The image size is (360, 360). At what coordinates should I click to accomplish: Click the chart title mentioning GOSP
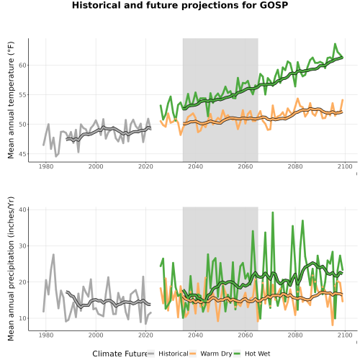[x=180, y=5]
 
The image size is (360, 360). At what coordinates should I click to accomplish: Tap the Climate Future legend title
[x=120, y=354]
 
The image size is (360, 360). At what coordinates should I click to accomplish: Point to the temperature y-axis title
[x=11, y=100]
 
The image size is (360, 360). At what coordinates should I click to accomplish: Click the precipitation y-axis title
[x=11, y=269]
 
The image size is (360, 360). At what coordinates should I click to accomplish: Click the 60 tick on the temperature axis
[x=22, y=65]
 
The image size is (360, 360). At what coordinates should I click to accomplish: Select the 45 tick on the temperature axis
[x=22, y=154]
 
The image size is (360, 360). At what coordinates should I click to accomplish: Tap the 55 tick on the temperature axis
[x=22, y=95]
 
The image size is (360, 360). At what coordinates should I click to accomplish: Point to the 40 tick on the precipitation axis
[x=22, y=210]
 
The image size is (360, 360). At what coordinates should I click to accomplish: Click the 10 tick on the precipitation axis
[x=22, y=318]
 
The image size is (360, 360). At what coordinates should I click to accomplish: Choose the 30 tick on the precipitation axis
[x=22, y=246]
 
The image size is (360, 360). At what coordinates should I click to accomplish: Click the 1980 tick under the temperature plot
[x=46, y=166]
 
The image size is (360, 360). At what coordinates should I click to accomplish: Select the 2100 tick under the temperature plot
[x=345, y=166]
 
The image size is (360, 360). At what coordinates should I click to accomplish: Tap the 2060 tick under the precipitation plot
[x=246, y=335]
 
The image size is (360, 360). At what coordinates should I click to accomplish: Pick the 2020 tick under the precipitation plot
[x=145, y=335]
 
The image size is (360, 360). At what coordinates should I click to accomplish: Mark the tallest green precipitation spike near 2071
[x=273, y=212]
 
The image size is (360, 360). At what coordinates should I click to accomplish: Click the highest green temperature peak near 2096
[x=335, y=44]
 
